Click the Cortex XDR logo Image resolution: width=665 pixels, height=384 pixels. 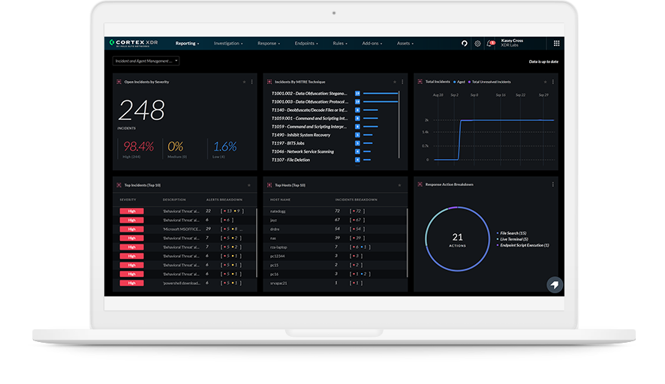coord(134,43)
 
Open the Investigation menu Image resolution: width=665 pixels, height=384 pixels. coord(227,43)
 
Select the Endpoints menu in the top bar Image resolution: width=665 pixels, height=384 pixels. coord(306,43)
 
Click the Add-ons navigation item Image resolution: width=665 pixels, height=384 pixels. coord(372,43)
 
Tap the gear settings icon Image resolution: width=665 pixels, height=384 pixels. coord(477,43)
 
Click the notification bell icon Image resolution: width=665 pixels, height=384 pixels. coord(491,43)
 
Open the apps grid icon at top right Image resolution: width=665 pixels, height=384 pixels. coord(556,43)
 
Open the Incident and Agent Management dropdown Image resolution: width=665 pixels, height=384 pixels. coord(146,61)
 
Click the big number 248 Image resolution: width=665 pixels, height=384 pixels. coord(141,111)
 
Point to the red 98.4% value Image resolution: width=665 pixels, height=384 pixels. coord(138,146)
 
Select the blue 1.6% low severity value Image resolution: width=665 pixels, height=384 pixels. coord(224,146)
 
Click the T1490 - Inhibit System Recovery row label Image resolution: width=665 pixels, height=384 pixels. coord(301,135)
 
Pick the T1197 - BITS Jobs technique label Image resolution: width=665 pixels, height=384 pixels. coord(288,143)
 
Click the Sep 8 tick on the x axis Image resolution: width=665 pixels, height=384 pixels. coord(474,95)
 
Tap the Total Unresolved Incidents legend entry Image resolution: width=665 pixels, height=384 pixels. coord(492,81)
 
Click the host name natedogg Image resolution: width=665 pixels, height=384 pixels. coord(278,211)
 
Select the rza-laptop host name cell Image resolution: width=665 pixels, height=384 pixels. coord(278,247)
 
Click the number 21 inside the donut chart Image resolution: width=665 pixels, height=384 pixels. coord(458,237)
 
